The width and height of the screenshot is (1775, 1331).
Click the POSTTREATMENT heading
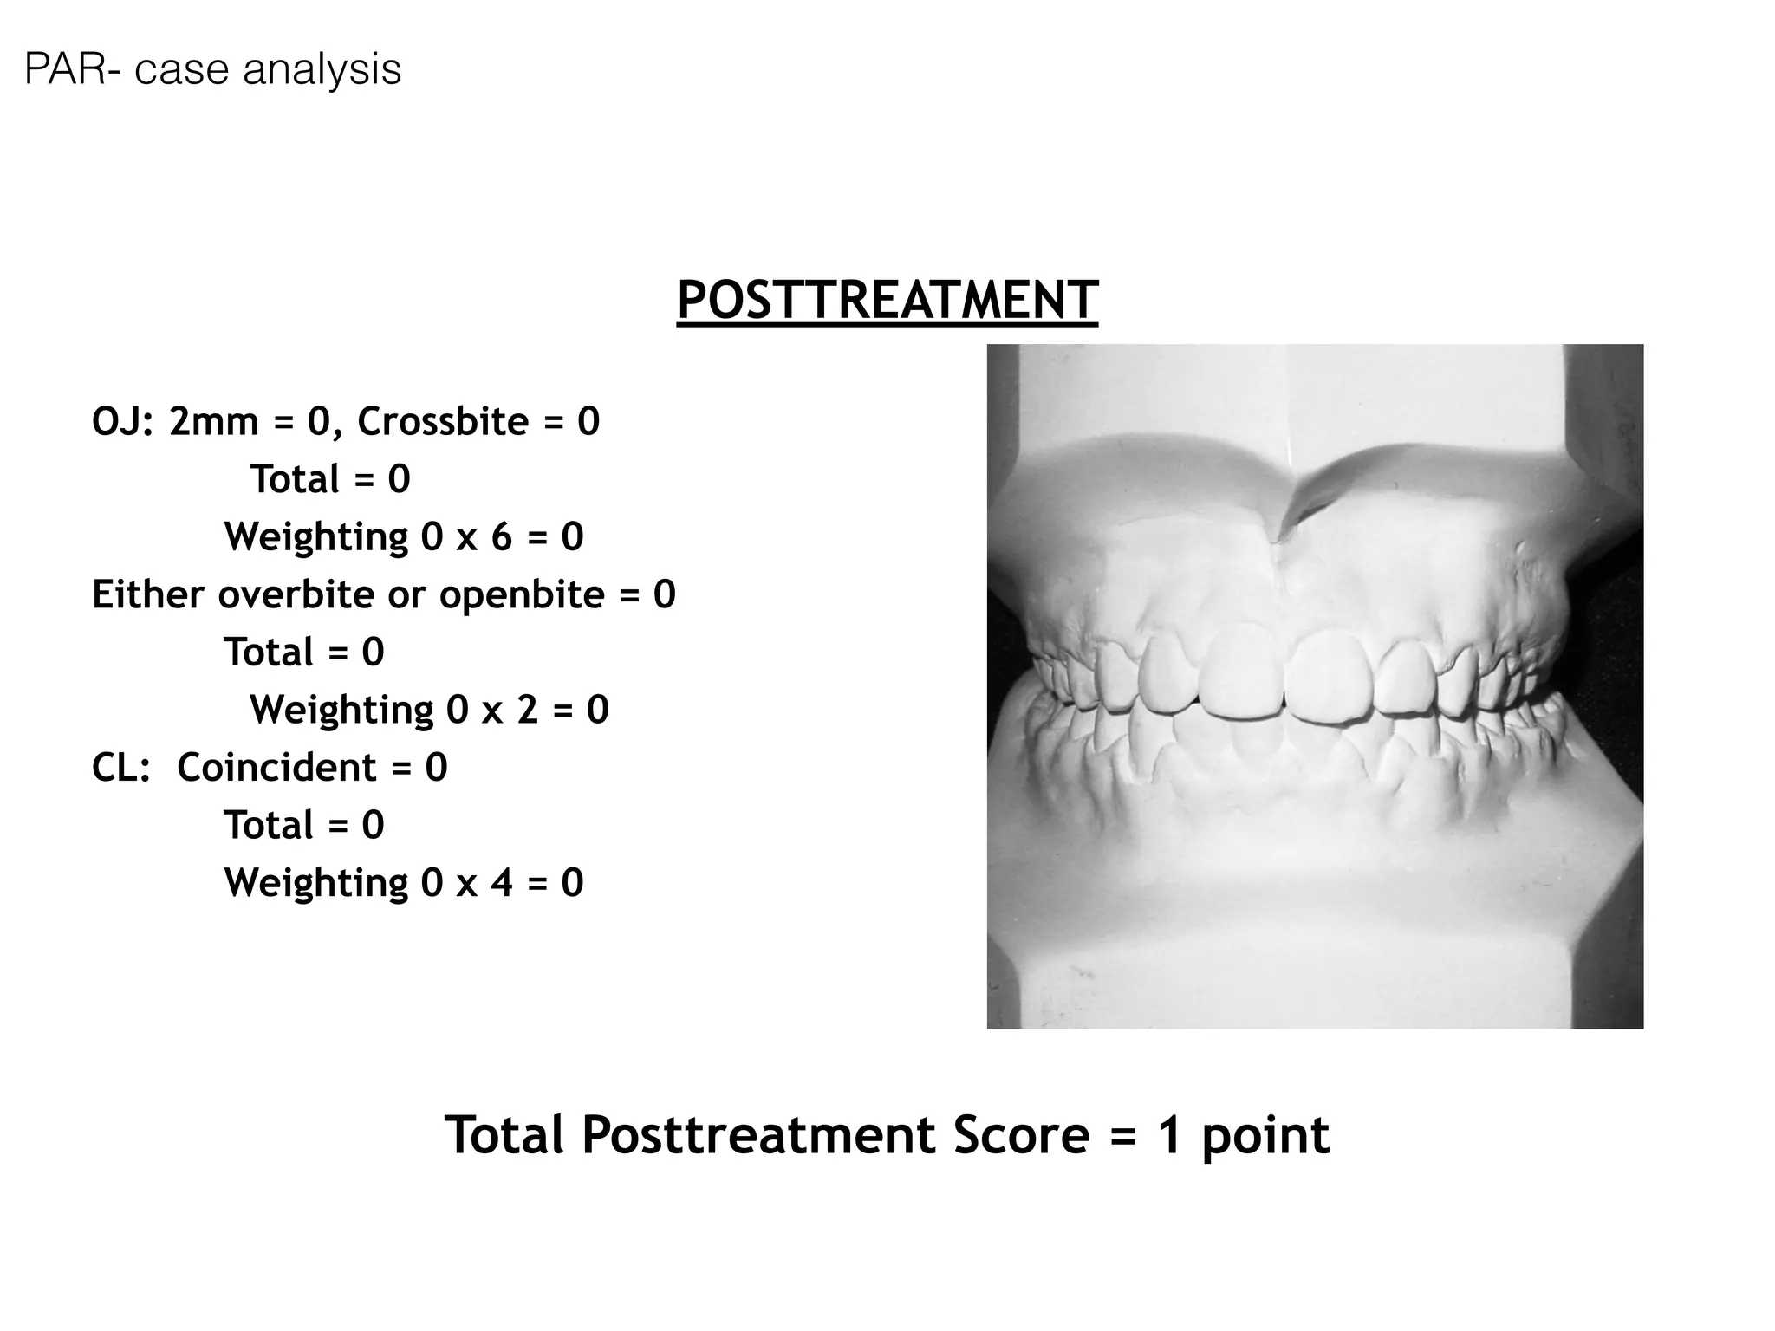887,301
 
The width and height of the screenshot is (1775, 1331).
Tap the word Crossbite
443,422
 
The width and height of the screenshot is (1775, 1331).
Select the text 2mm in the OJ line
213,422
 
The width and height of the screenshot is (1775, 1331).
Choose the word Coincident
276,768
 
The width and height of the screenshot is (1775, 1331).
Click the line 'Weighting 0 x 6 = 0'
404,537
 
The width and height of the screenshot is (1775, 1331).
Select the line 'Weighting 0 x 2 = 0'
429,710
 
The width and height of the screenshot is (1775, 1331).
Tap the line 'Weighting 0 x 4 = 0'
404,883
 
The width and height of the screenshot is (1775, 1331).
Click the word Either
148,595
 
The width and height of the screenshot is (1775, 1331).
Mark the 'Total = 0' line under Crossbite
329,480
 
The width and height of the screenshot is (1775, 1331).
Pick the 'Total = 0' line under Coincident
303,826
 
